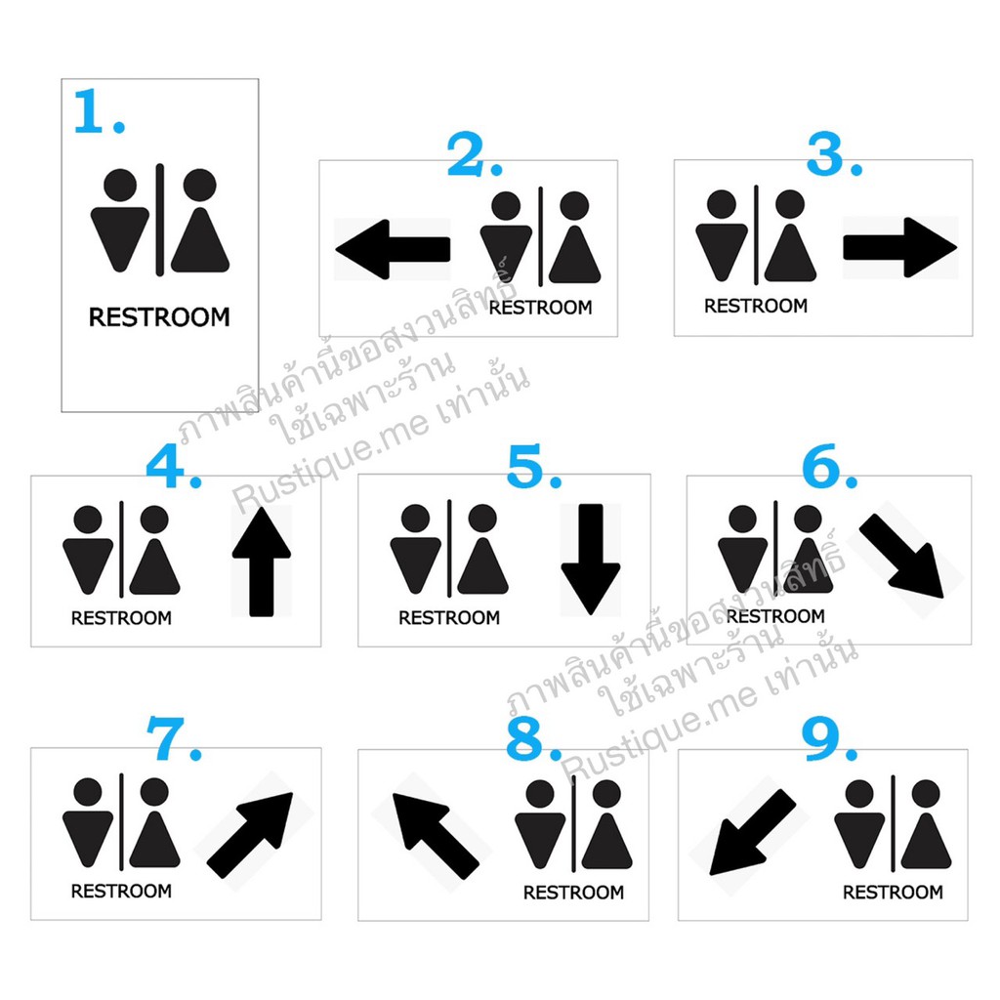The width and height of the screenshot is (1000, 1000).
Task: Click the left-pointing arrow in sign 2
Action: pyautogui.click(x=393, y=249)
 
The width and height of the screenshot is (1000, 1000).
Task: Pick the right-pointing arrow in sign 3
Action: pyautogui.click(x=900, y=247)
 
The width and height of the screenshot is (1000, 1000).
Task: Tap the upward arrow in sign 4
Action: pyautogui.click(x=262, y=562)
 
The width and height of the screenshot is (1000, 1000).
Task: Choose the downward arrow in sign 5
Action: pyautogui.click(x=591, y=560)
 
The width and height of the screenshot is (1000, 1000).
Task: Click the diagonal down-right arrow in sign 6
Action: pyautogui.click(x=901, y=556)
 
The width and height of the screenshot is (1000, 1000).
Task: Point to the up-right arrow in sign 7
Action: pyautogui.click(x=250, y=836)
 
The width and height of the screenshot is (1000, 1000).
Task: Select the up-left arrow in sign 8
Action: pyautogui.click(x=436, y=836)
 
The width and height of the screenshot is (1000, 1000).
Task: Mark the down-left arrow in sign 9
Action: pyautogui.click(x=753, y=832)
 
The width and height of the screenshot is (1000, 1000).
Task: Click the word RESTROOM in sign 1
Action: pyautogui.click(x=159, y=317)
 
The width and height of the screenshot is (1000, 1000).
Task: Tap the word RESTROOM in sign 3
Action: pyautogui.click(x=756, y=306)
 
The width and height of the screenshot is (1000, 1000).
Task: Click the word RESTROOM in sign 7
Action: pyautogui.click(x=121, y=891)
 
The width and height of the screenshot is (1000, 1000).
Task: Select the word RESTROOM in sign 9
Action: pyautogui.click(x=893, y=893)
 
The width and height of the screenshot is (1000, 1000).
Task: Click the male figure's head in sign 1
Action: pyautogui.click(x=120, y=186)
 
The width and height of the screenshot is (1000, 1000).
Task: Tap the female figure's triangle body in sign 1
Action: pyautogui.click(x=200, y=240)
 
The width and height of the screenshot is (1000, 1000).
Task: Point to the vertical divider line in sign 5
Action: pyautogui.click(x=449, y=549)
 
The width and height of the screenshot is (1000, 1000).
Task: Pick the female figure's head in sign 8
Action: pyautogui.click(x=606, y=794)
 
